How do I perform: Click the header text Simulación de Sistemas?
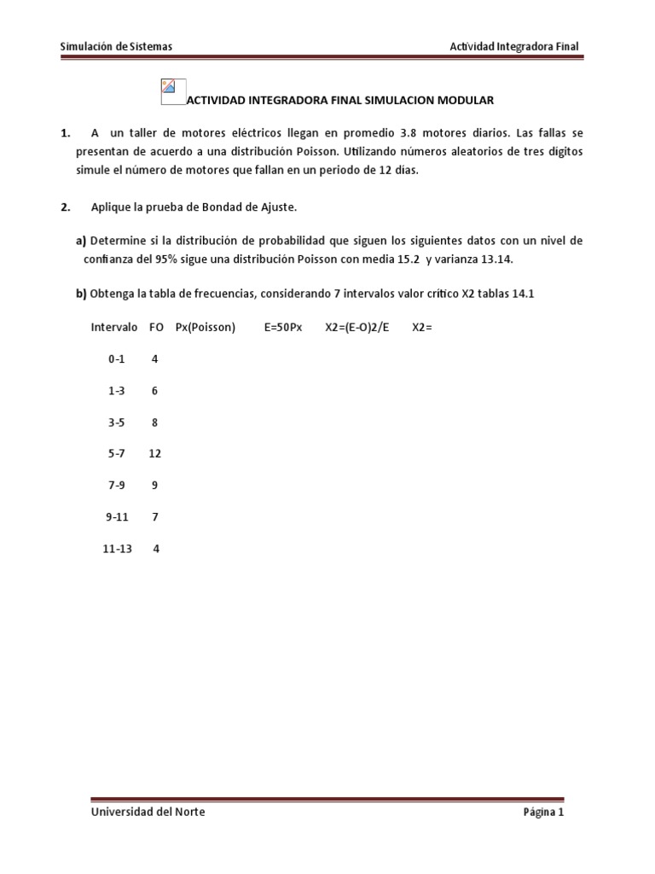pyautogui.click(x=118, y=47)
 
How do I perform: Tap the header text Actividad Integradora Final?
pyautogui.click(x=514, y=47)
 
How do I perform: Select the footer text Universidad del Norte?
pyautogui.click(x=148, y=812)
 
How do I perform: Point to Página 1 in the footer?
pyautogui.click(x=543, y=812)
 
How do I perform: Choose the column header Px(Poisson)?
pyautogui.click(x=205, y=327)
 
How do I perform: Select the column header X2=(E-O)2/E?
pyautogui.click(x=356, y=327)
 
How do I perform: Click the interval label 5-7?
pyautogui.click(x=116, y=453)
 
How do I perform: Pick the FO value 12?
pyautogui.click(x=154, y=453)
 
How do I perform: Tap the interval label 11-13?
pyautogui.click(x=118, y=548)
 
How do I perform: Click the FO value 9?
pyautogui.click(x=154, y=485)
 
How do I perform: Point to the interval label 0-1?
pyautogui.click(x=116, y=359)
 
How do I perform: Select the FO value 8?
pyautogui.click(x=154, y=422)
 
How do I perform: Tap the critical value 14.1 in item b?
pyautogui.click(x=523, y=294)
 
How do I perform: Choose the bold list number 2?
pyautogui.click(x=65, y=207)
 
